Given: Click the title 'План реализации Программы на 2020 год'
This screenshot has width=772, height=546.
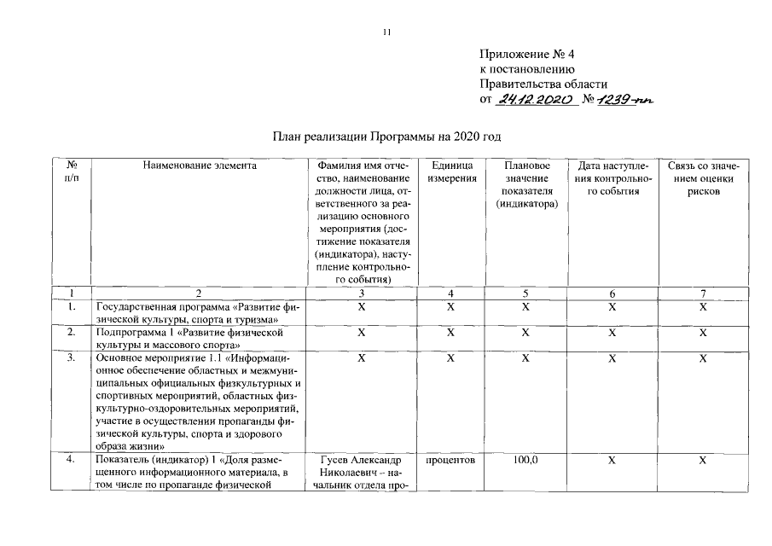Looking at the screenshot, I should pyautogui.click(x=386, y=136).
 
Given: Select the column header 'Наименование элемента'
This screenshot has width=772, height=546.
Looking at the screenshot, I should pyautogui.click(x=199, y=166).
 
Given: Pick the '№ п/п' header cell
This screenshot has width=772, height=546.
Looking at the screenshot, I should pyautogui.click(x=72, y=171).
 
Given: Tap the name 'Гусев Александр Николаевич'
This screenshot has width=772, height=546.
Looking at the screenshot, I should pyautogui.click(x=362, y=467).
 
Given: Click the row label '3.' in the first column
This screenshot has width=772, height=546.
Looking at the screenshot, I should pyautogui.click(x=72, y=358).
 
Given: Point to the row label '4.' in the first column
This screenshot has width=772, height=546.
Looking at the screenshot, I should pyautogui.click(x=72, y=460).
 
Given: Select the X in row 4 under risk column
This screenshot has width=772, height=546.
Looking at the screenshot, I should pyautogui.click(x=703, y=460).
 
